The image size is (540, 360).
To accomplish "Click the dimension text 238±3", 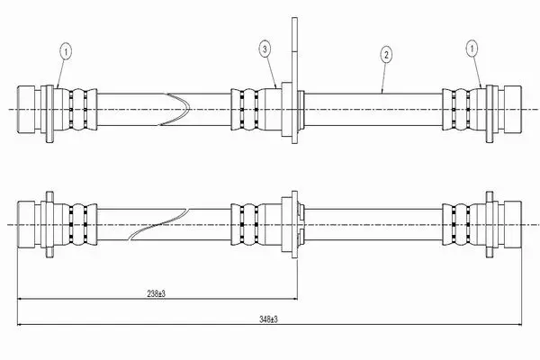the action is pyautogui.click(x=156, y=294).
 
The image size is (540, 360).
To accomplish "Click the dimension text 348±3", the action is pyautogui.click(x=268, y=319).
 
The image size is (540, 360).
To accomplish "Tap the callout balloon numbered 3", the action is pyautogui.click(x=265, y=49).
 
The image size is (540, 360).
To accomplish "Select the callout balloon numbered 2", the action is pyautogui.click(x=386, y=54).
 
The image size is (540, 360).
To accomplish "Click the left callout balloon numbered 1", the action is pyautogui.click(x=66, y=52).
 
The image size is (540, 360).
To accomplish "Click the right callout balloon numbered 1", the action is pyautogui.click(x=472, y=49).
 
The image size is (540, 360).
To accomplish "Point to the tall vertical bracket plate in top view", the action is pyautogui.click(x=294, y=80).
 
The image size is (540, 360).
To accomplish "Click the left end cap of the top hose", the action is pyautogui.click(x=26, y=109).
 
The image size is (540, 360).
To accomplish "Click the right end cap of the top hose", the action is pyautogui.click(x=512, y=109).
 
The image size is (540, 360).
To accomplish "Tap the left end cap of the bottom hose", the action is pyautogui.click(x=26, y=224).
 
